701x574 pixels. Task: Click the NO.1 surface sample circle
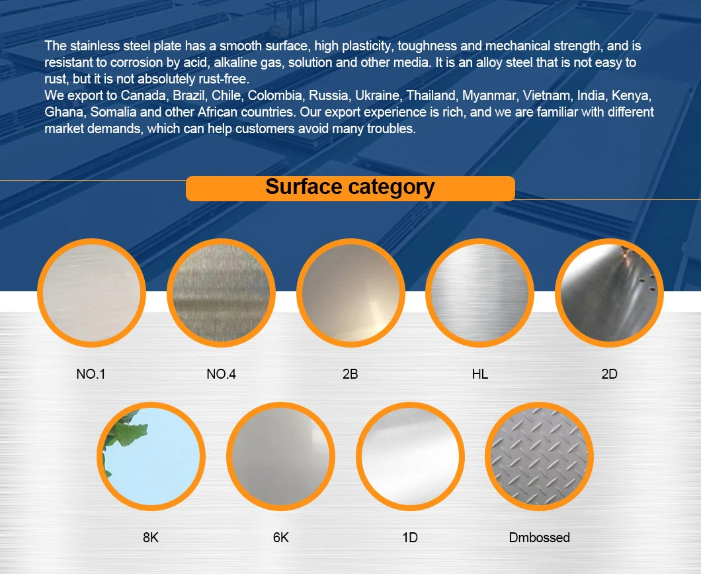click(91, 293)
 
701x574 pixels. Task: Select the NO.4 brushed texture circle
click(220, 293)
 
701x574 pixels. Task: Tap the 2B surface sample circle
click(350, 293)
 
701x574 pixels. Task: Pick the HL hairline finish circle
click(479, 293)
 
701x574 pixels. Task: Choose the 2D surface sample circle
click(609, 293)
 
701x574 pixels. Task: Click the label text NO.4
click(221, 374)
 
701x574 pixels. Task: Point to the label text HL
click(480, 374)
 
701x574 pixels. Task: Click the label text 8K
click(151, 538)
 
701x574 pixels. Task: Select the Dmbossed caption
click(539, 538)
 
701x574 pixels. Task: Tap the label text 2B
click(350, 374)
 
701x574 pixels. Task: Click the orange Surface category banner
click(350, 187)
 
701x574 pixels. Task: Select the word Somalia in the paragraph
click(112, 112)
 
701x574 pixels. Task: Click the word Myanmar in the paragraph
click(486, 95)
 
